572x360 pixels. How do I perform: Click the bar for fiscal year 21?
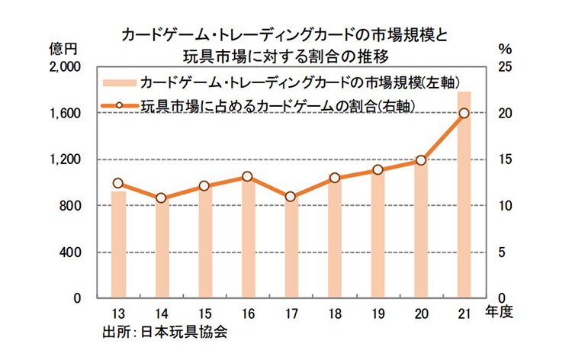coord(464,194)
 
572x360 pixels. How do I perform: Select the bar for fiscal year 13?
coord(118,244)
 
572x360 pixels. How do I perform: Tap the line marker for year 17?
coord(291,197)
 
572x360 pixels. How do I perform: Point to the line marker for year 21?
coord(464,114)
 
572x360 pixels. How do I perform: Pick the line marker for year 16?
coord(247,177)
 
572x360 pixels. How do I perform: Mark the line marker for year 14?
coord(161,198)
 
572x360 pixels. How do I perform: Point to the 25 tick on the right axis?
coord(504,67)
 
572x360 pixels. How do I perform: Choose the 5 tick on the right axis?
coord(501,252)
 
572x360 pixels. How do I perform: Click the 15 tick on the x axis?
coord(204,313)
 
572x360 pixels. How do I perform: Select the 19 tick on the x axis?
coord(377,313)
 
